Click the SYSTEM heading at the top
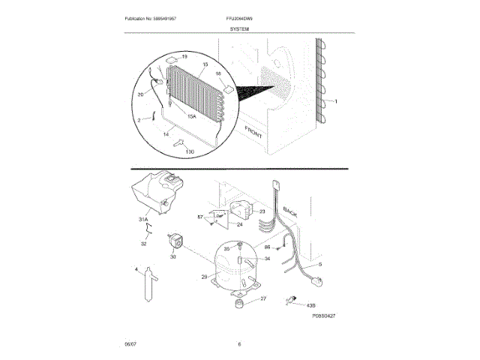click(x=240, y=28)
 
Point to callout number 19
click(x=184, y=57)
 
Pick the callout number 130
click(x=189, y=152)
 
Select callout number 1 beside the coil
click(x=336, y=101)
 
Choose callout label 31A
click(x=142, y=220)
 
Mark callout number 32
click(x=144, y=244)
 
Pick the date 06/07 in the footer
click(x=130, y=344)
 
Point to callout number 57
click(x=200, y=217)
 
